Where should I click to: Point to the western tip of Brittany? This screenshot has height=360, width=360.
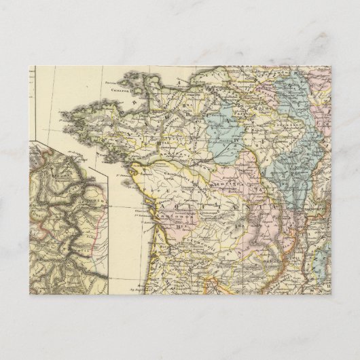62,115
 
